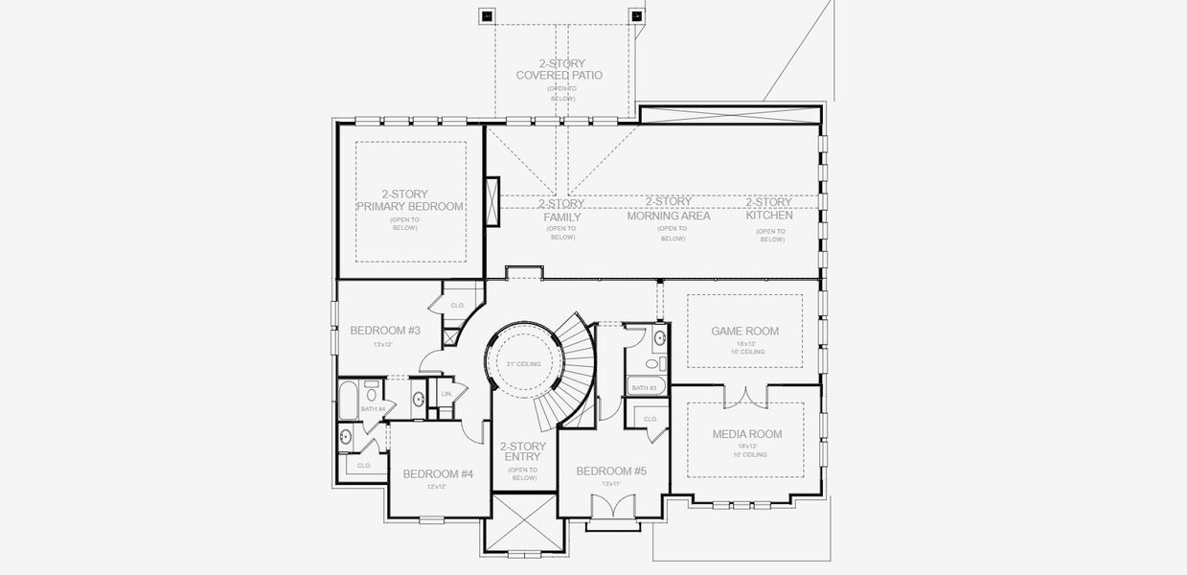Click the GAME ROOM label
[744, 332]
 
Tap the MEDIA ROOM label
[746, 434]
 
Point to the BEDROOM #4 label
[438, 473]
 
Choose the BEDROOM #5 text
[610, 471]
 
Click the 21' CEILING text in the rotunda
[523, 364]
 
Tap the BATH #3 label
[643, 388]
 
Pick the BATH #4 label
[373, 409]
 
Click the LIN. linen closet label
[445, 393]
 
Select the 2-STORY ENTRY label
[523, 452]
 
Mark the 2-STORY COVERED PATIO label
[559, 69]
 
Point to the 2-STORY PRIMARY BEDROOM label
[409, 200]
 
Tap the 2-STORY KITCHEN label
[769, 209]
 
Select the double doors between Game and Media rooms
[744, 395]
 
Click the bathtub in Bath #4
[348, 398]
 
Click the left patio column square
[486, 15]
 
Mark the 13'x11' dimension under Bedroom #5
[610, 484]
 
